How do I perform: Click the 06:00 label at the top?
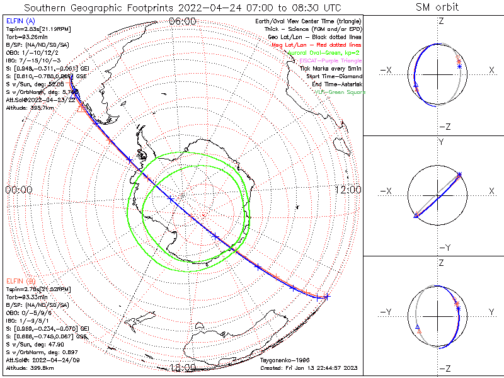(x=183, y=21)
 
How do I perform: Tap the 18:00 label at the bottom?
(x=183, y=368)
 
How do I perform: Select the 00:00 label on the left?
(x=18, y=190)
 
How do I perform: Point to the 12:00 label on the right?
(x=348, y=190)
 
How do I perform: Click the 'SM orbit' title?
(x=437, y=7)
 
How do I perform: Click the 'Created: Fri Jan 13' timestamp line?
(x=308, y=368)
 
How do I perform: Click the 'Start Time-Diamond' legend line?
(x=335, y=76)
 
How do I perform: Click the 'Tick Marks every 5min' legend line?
(x=331, y=67)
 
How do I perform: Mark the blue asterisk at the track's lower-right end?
(x=326, y=297)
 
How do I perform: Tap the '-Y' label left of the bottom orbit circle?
(x=389, y=312)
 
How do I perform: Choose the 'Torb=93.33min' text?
(x=28, y=297)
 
